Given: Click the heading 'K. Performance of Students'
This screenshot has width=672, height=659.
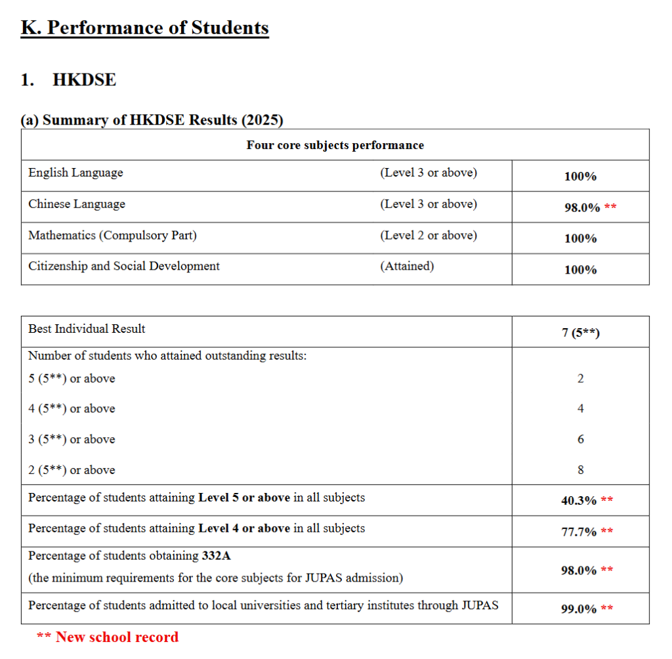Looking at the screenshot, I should (x=144, y=28).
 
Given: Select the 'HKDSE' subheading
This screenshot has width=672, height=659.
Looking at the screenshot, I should (x=84, y=80).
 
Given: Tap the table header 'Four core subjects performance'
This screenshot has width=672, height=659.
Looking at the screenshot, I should (x=335, y=145).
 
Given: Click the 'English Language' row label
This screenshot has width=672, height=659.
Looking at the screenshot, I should (x=75, y=173).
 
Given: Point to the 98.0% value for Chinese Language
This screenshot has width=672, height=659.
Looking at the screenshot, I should (x=582, y=207).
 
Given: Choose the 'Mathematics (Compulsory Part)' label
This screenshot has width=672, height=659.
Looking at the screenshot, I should (x=112, y=235).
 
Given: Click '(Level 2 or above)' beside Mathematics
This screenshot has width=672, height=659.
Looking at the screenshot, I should (x=428, y=235).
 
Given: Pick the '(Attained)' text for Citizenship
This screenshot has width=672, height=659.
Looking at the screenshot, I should (x=406, y=266).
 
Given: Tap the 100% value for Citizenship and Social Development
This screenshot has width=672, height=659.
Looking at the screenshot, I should (x=581, y=270).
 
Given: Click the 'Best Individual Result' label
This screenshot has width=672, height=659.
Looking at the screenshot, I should (x=87, y=329).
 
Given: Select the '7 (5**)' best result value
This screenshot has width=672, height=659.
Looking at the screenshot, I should (x=581, y=333).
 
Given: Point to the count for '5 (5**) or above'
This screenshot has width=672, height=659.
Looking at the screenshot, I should (x=581, y=379).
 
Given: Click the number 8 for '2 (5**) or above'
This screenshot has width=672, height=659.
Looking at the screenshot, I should (x=581, y=470).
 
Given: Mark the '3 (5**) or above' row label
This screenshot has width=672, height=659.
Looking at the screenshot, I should (x=72, y=439).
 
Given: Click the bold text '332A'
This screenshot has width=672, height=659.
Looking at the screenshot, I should (x=216, y=556).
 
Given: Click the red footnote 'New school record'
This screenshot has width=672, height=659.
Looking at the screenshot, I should (x=117, y=637).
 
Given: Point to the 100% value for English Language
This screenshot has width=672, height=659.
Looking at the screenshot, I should (x=581, y=177).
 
